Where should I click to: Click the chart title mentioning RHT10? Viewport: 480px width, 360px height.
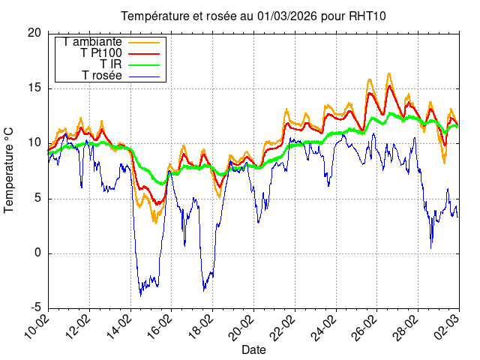[253, 16]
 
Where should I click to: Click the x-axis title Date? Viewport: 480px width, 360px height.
[253, 349]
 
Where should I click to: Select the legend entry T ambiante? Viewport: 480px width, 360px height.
[93, 41]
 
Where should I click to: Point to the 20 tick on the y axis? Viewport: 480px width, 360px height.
[34, 33]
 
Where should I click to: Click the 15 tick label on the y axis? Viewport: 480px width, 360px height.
[34, 88]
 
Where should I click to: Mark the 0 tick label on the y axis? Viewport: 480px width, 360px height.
[37, 253]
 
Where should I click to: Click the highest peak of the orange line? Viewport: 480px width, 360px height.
[389, 73]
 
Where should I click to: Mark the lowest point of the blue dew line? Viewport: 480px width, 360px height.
[140, 295]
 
